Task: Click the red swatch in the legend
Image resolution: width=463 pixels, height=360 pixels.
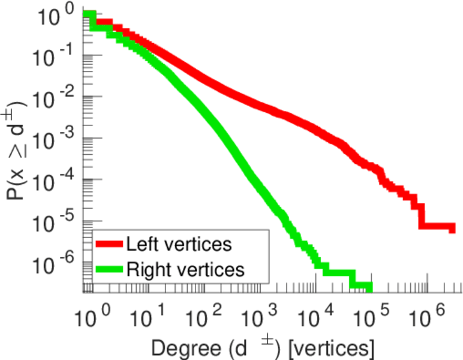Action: tap(109, 244)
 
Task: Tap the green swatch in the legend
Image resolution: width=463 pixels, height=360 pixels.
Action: tap(109, 269)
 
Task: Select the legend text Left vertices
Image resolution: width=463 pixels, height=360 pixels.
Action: tap(178, 244)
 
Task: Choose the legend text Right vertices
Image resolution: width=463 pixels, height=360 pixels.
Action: tap(185, 269)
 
